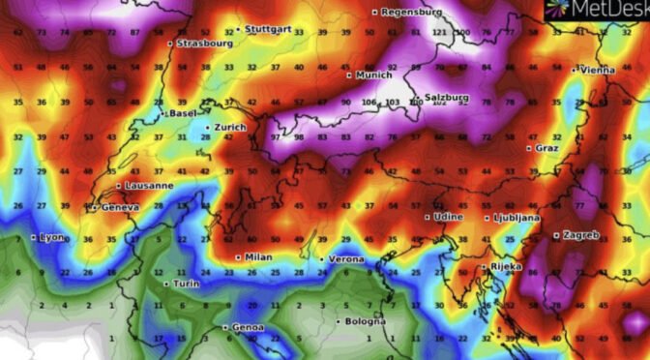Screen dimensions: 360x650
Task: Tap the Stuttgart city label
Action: click(269, 29)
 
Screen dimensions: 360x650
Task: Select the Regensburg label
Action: click(411, 12)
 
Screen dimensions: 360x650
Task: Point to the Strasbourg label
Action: click(203, 43)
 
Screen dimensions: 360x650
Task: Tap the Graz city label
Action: click(548, 148)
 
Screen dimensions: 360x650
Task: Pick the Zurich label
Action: click(230, 127)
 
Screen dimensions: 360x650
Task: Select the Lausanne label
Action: click(149, 185)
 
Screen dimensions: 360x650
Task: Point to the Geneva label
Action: click(120, 207)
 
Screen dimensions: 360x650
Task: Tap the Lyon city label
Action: click(52, 237)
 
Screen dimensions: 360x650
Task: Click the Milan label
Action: click(258, 257)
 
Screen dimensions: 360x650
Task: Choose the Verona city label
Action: click(345, 259)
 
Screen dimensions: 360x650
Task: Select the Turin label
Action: click(184, 284)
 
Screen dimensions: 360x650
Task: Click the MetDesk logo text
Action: click(605, 10)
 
